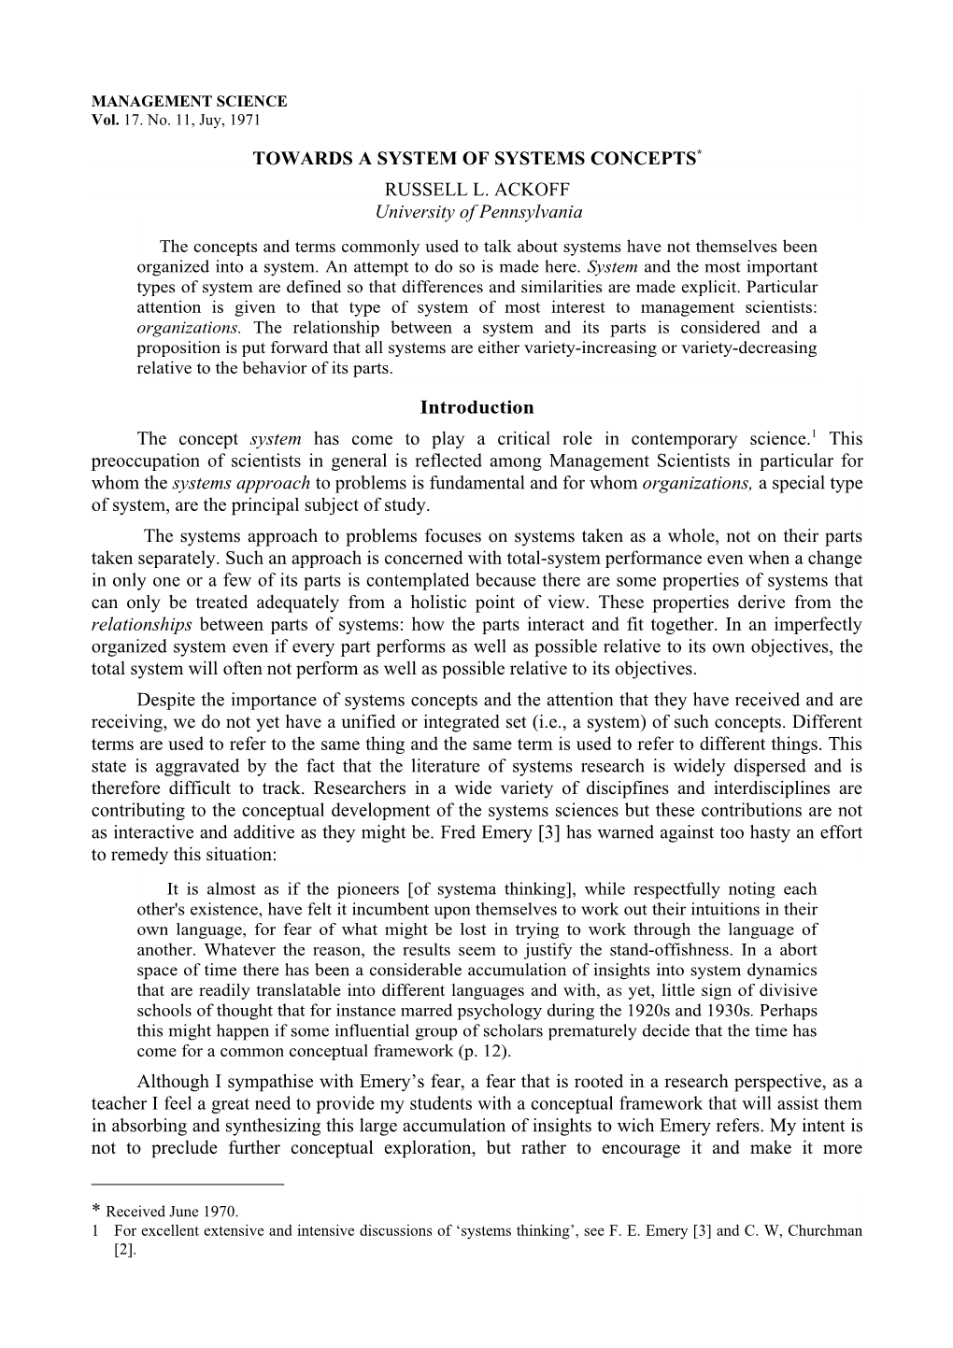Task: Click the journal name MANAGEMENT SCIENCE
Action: pyautogui.click(x=189, y=102)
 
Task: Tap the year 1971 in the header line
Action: pyautogui.click(x=245, y=120)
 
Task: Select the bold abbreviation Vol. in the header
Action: pyautogui.click(x=102, y=120)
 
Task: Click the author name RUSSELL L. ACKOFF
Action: pyautogui.click(x=477, y=191)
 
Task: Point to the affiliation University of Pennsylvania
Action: pyautogui.click(x=478, y=212)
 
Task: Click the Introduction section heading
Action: pyautogui.click(x=476, y=407)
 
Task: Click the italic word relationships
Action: pyautogui.click(x=142, y=625)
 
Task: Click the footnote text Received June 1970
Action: pyautogui.click(x=173, y=1213)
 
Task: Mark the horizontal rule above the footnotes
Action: pyautogui.click(x=187, y=1185)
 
